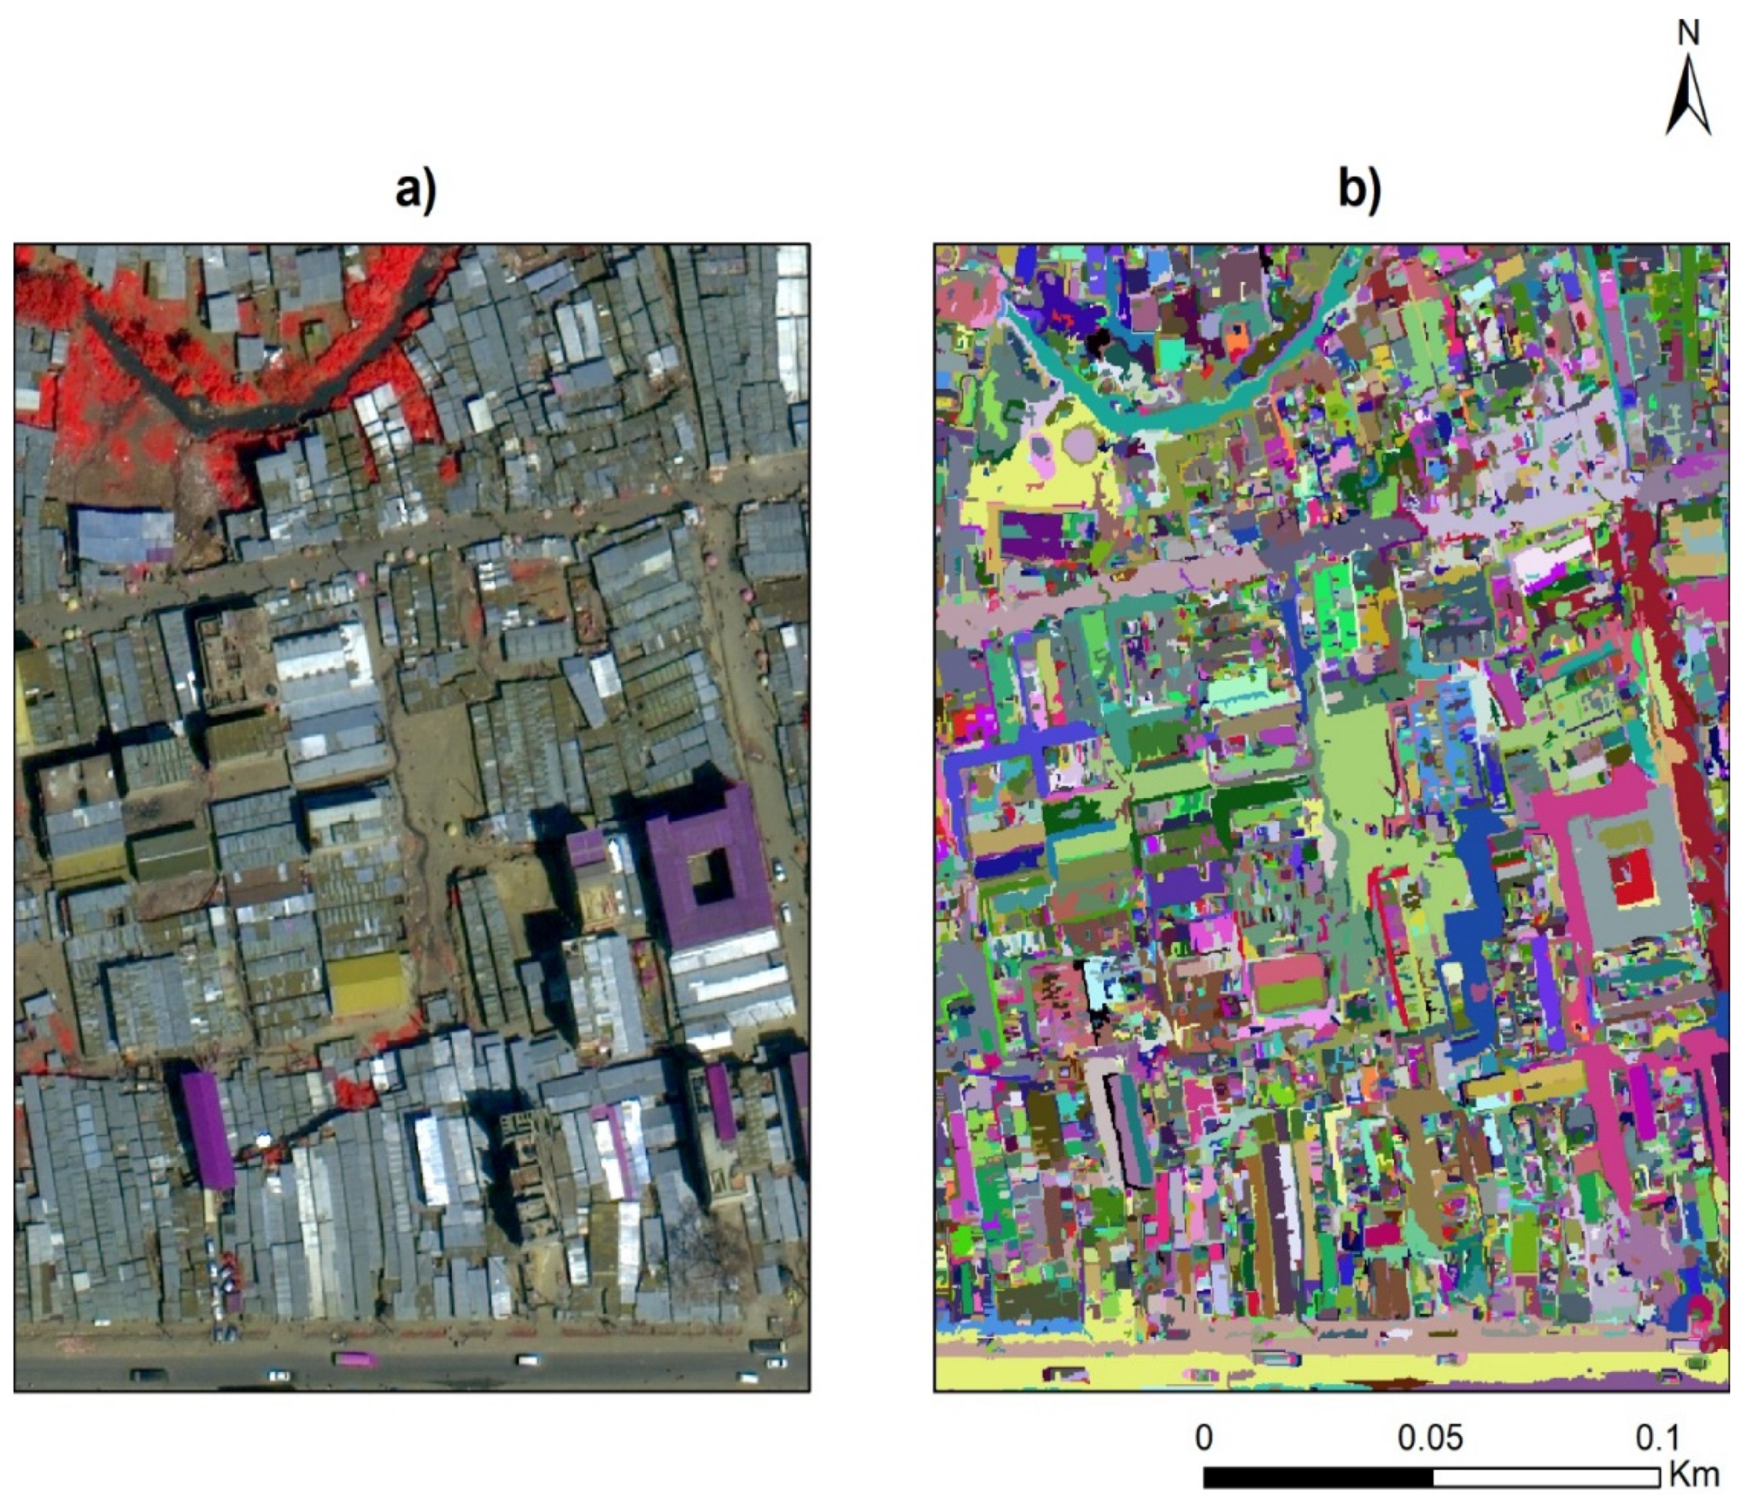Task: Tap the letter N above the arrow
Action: [x=1688, y=34]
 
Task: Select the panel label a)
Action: [x=417, y=192]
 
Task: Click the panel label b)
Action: [x=1360, y=192]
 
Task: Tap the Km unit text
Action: [x=1693, y=1475]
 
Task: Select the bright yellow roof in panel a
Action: [x=366, y=984]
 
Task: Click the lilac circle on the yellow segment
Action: [x=1080, y=441]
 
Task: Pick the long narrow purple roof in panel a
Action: [x=208, y=1129]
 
